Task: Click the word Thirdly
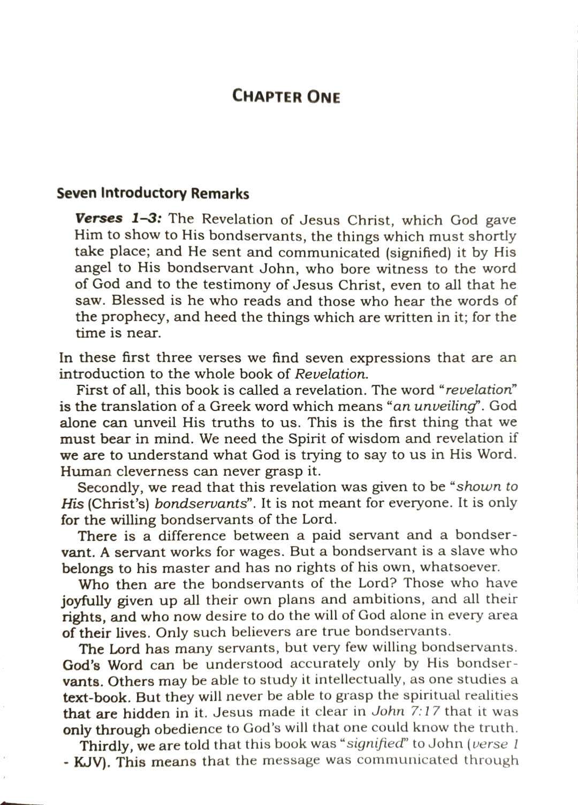click(x=104, y=745)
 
